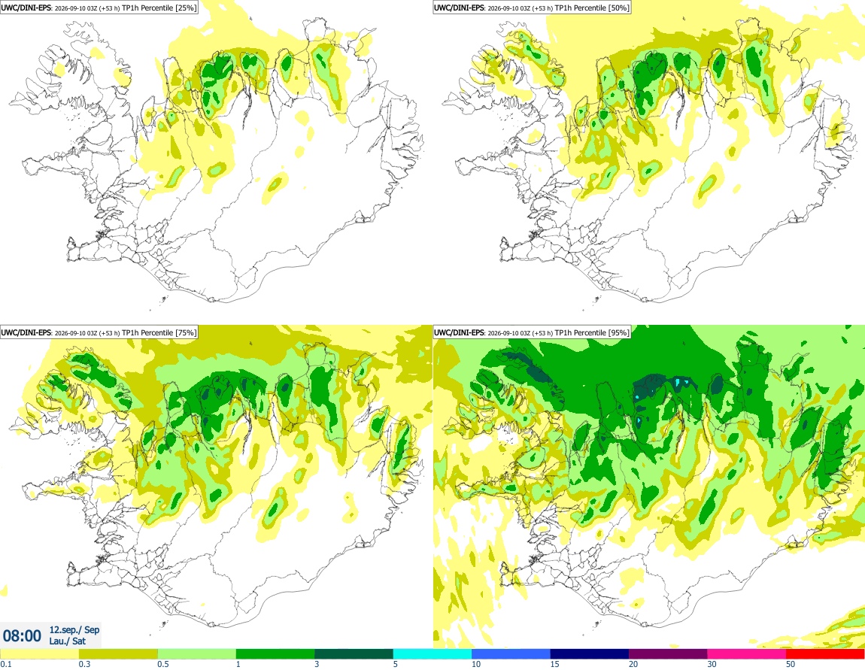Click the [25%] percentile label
click(185, 8)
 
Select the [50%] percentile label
click(618, 8)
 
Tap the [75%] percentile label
click(185, 332)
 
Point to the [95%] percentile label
click(618, 332)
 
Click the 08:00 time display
click(22, 636)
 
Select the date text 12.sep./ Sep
click(74, 629)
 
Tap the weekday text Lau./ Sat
click(67, 641)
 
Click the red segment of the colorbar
click(825, 654)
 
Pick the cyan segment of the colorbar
click(432, 654)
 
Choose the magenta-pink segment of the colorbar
click(747, 654)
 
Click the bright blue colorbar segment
click(511, 654)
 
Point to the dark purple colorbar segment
click(668, 654)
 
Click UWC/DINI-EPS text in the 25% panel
click(26, 8)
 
